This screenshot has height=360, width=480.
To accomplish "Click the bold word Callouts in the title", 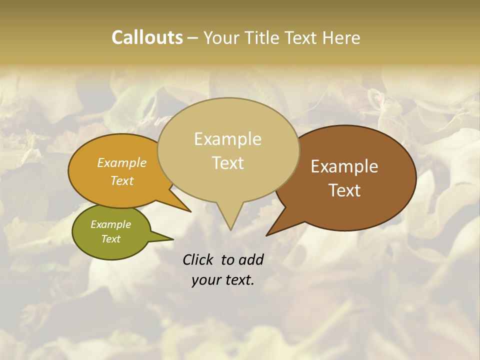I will [147, 37].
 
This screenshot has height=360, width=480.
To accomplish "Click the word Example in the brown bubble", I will [344, 166].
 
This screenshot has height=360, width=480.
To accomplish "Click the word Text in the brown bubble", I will [344, 190].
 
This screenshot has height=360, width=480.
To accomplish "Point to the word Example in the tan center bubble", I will [227, 138].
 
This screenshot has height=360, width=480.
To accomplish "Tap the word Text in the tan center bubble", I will [227, 162].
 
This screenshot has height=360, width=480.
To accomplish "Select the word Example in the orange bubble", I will [122, 162].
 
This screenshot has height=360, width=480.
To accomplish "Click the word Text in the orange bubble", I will [122, 180].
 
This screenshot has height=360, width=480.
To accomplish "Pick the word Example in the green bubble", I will [110, 224].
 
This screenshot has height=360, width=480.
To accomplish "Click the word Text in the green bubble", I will [110, 239].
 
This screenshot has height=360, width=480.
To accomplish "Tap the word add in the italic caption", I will [251, 259].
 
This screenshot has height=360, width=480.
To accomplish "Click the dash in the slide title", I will [193, 38].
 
